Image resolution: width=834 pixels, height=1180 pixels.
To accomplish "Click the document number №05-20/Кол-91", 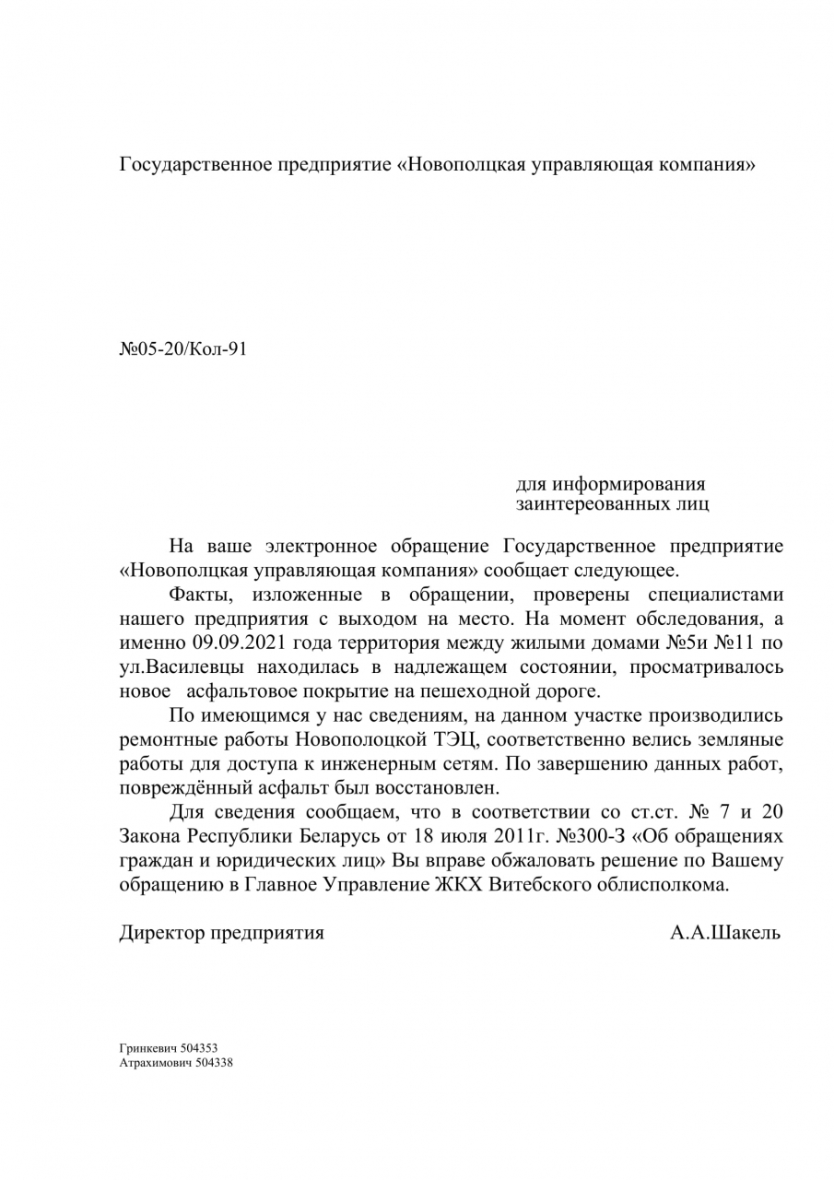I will [184, 350].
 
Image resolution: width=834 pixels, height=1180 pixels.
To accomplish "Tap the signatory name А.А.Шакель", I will [725, 932].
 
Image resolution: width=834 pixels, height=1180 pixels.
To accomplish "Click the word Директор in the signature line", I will [163, 932].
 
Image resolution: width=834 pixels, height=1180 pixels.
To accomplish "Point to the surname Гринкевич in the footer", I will [149, 1048].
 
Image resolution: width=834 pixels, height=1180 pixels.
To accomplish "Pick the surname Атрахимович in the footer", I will [155, 1062].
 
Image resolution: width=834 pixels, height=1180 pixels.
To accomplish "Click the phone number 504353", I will [200, 1048].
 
